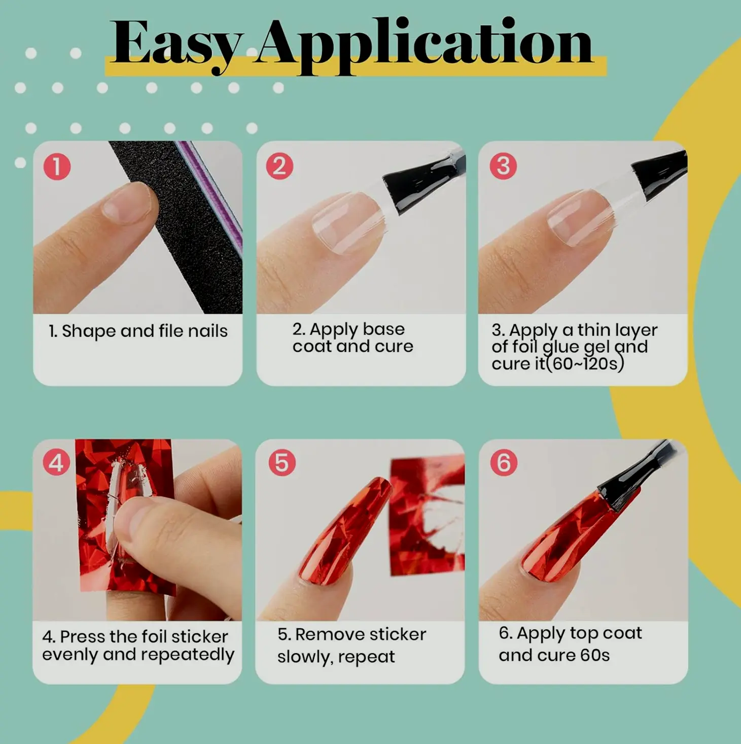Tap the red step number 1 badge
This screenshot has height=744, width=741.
click(57, 167)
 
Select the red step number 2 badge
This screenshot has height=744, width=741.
click(280, 166)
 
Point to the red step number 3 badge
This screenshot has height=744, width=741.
click(503, 166)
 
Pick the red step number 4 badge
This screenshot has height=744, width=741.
click(57, 462)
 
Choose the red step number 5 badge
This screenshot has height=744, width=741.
click(282, 462)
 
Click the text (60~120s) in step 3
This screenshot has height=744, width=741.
click(585, 364)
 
